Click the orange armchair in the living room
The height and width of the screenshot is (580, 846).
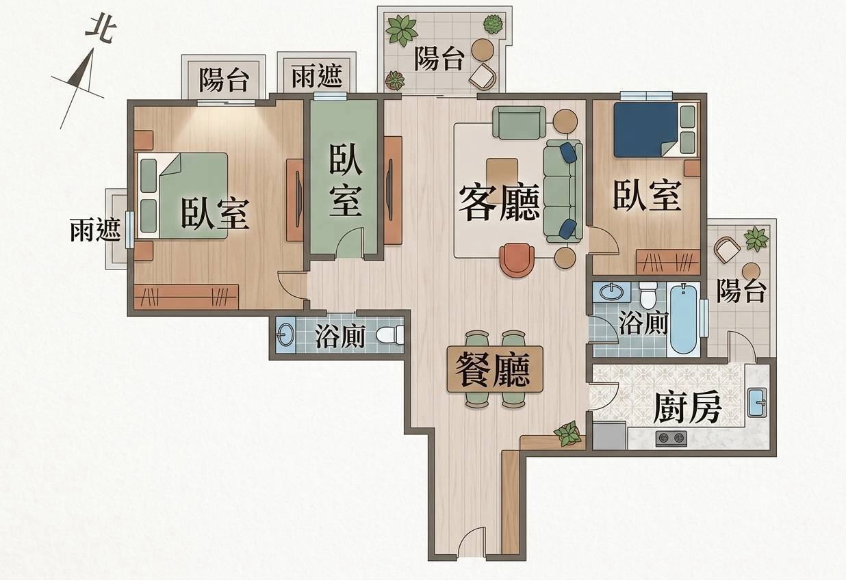[517, 260]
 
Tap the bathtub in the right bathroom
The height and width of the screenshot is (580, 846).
[683, 319]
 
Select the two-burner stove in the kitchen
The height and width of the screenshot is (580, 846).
[671, 438]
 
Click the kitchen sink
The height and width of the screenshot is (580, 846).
[757, 402]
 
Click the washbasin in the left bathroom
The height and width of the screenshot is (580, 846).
[286, 334]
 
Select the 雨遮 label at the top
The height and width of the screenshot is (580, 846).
[317, 75]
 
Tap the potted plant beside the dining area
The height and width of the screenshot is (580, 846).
[567, 433]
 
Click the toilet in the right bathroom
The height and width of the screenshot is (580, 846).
[648, 295]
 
